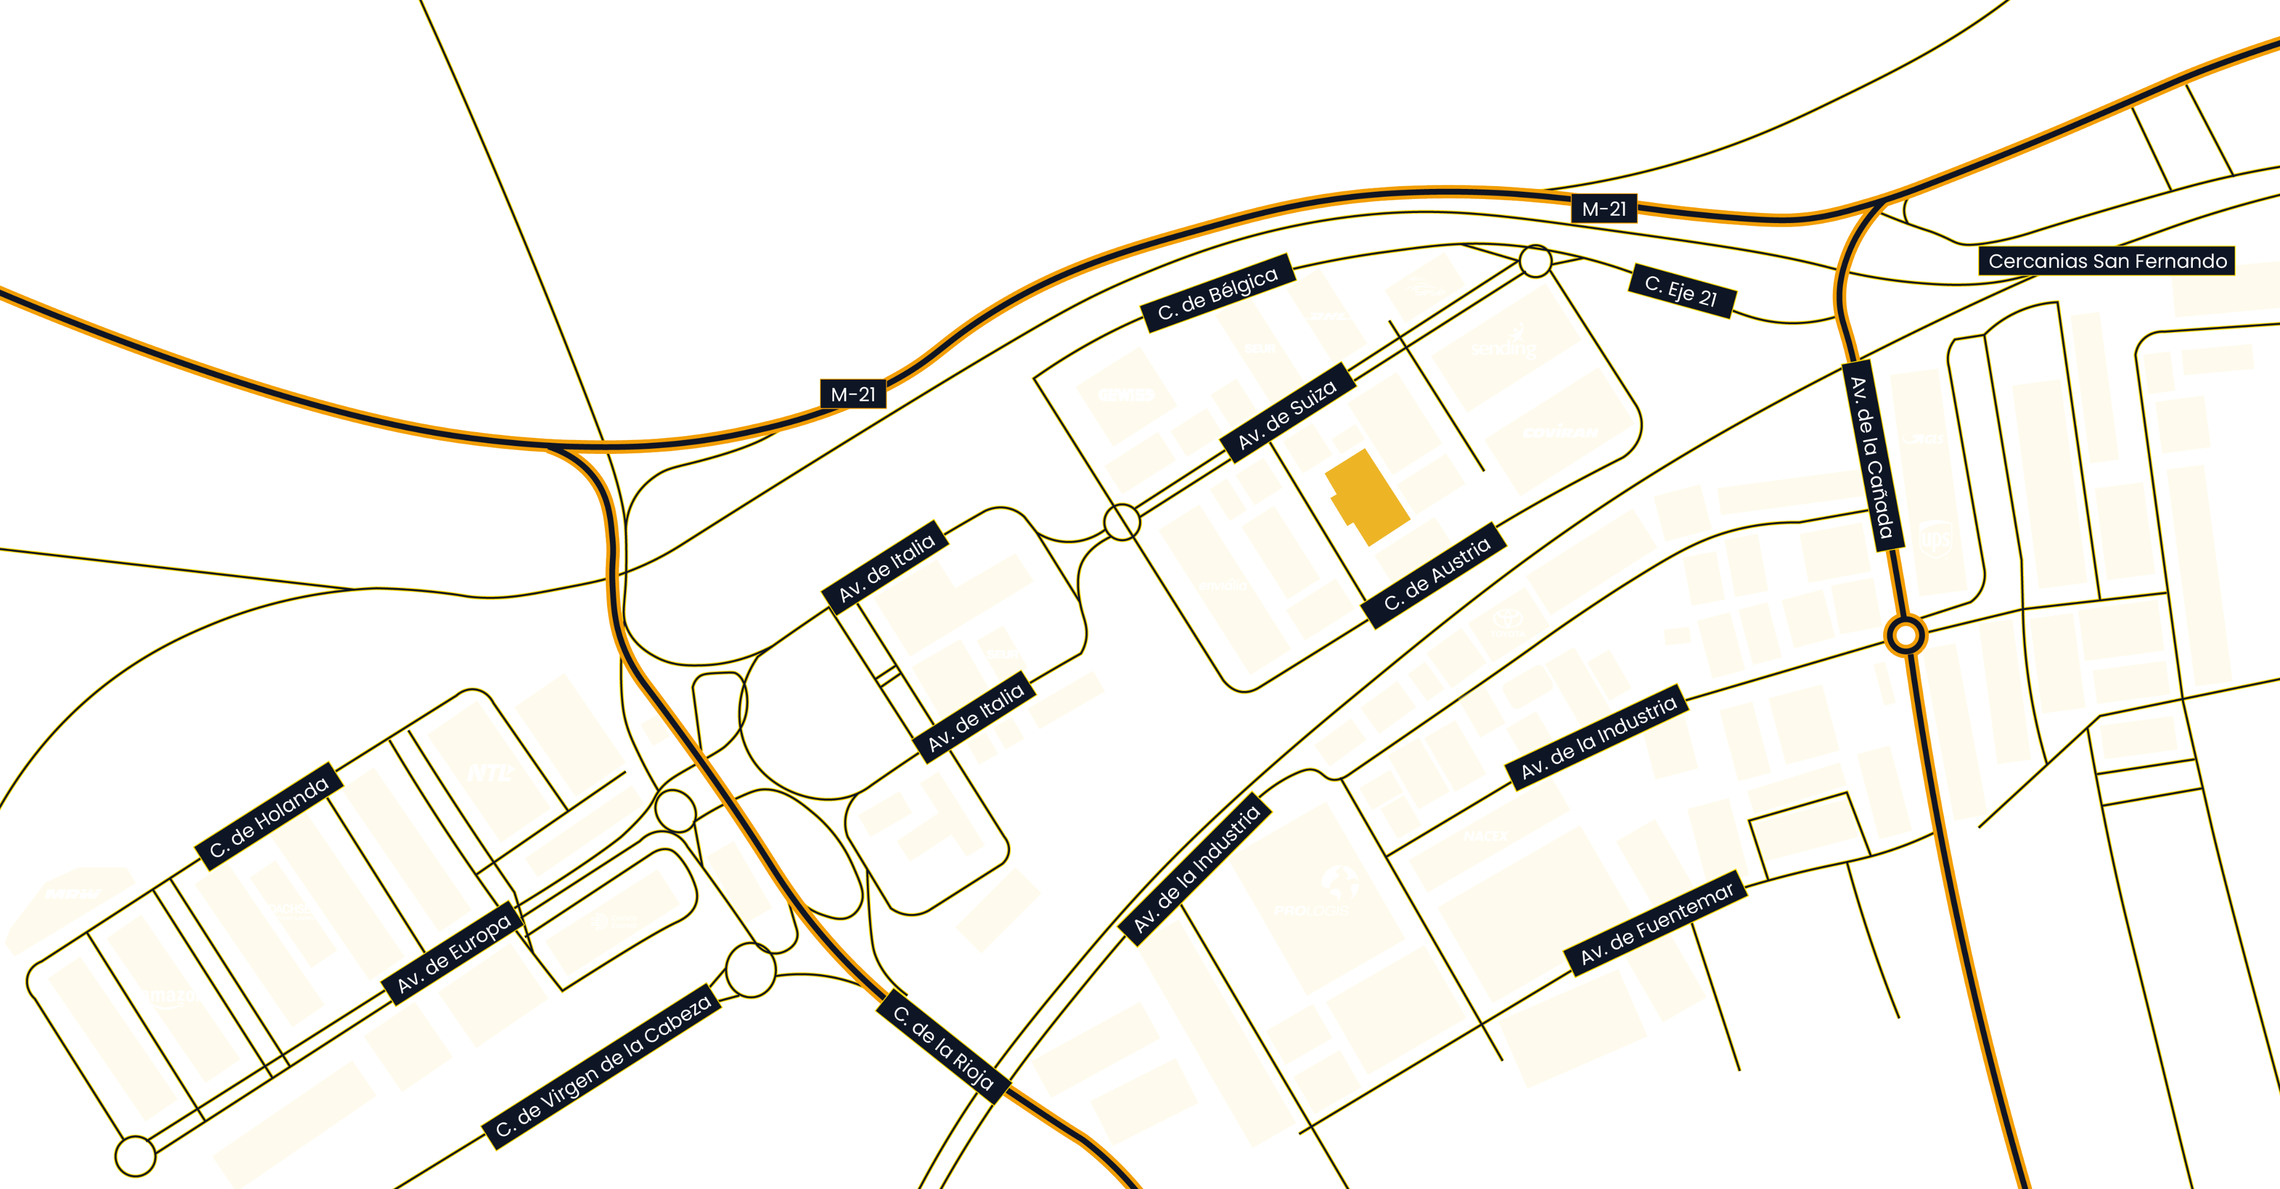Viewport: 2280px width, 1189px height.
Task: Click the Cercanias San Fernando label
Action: (2107, 261)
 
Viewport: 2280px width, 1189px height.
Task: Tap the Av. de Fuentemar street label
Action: (1656, 924)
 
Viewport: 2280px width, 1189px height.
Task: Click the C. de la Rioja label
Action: (942, 1048)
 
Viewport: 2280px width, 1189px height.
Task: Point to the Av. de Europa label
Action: (453, 954)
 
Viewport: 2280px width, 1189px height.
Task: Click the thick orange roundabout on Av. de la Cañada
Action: (1905, 635)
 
